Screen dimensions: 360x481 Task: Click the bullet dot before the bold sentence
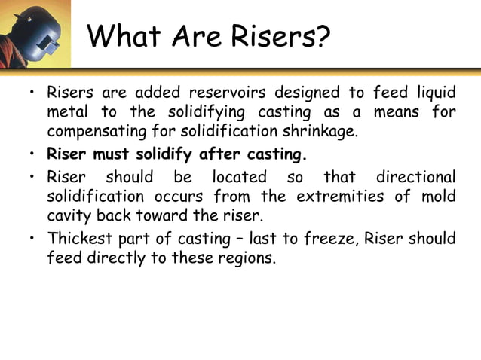[32, 157]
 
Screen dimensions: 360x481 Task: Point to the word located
[240, 177]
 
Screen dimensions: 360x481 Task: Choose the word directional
[416, 177]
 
